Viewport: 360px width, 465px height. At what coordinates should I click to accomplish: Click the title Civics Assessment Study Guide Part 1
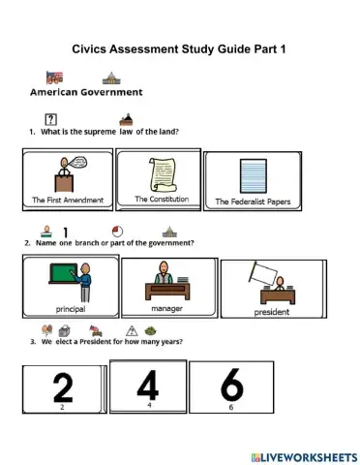click(x=179, y=47)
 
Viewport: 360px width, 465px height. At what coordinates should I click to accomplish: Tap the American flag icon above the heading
click(x=54, y=77)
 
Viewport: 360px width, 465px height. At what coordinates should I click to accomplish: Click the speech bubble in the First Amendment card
click(x=80, y=165)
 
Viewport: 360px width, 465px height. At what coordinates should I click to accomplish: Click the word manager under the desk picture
click(x=161, y=309)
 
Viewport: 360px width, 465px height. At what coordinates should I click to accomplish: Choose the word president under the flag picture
click(x=271, y=312)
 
